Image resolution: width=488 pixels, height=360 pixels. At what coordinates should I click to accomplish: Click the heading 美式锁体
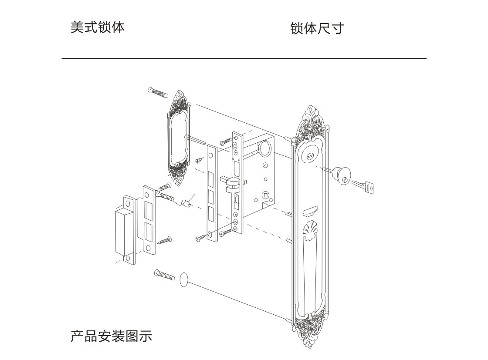point(98,27)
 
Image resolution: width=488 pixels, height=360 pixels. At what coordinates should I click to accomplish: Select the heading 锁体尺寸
point(317,28)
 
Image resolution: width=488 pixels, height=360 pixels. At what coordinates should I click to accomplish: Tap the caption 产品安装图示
point(111,336)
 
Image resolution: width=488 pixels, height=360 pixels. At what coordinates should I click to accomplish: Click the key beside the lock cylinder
point(363,186)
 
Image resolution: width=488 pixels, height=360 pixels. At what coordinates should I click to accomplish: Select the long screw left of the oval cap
point(165,275)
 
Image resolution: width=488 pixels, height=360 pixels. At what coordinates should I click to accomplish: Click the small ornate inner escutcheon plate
point(179,138)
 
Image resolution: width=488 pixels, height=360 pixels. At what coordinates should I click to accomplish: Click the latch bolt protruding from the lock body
point(230,183)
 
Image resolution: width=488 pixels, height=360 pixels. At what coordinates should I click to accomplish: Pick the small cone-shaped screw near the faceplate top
point(200,160)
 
